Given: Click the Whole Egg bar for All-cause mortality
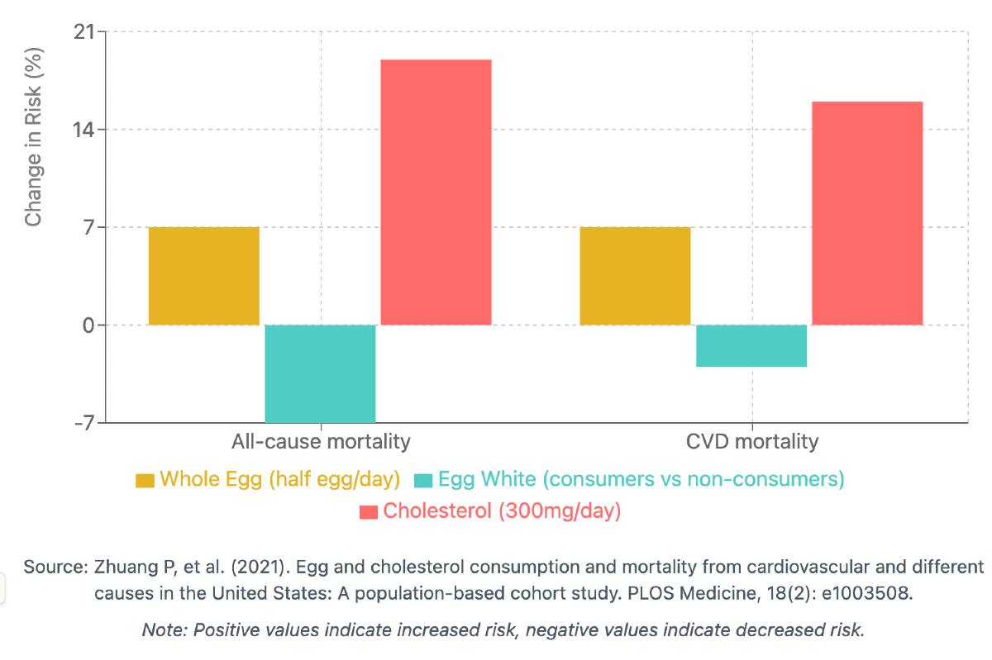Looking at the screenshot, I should click(x=204, y=276).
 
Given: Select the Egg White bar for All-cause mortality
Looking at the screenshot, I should click(x=320, y=373).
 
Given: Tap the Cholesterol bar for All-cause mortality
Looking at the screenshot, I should click(x=436, y=192).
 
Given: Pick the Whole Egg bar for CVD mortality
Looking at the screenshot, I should click(x=635, y=276).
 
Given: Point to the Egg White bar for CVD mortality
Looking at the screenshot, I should click(x=751, y=345).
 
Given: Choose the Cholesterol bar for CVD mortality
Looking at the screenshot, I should click(x=867, y=213).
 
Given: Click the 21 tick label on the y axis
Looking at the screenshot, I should click(x=83, y=32).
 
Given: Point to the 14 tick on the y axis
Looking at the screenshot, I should click(x=83, y=130).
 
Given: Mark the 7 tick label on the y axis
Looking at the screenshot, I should click(x=88, y=227).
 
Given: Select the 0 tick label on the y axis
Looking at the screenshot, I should click(x=88, y=325).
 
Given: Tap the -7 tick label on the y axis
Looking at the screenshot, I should click(x=83, y=422).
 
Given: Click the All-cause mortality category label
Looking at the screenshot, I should click(x=321, y=441).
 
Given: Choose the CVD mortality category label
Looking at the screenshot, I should click(x=752, y=441).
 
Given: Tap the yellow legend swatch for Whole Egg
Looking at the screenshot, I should click(x=145, y=480).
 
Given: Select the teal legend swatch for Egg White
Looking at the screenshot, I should click(x=424, y=480).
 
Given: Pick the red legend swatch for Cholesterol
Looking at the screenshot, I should click(x=369, y=512).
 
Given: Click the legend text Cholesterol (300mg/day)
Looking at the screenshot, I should click(x=502, y=511).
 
